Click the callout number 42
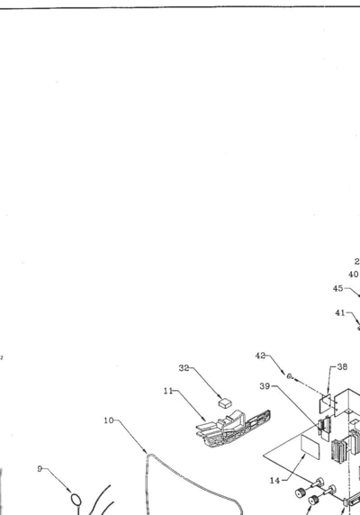click(x=260, y=356)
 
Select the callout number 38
click(x=342, y=366)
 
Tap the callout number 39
click(x=265, y=386)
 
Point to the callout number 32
click(x=184, y=368)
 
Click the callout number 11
click(x=168, y=391)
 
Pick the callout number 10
click(x=109, y=420)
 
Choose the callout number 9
click(x=40, y=469)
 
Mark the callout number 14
click(x=274, y=481)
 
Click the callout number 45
click(x=337, y=288)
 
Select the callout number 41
click(x=339, y=313)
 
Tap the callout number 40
click(x=353, y=275)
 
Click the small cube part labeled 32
click(x=225, y=402)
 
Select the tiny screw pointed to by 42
click(x=290, y=376)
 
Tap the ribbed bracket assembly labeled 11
click(x=233, y=428)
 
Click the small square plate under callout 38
click(x=325, y=403)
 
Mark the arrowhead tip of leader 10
click(x=147, y=454)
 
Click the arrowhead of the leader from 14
click(x=304, y=456)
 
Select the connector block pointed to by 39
click(x=324, y=428)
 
